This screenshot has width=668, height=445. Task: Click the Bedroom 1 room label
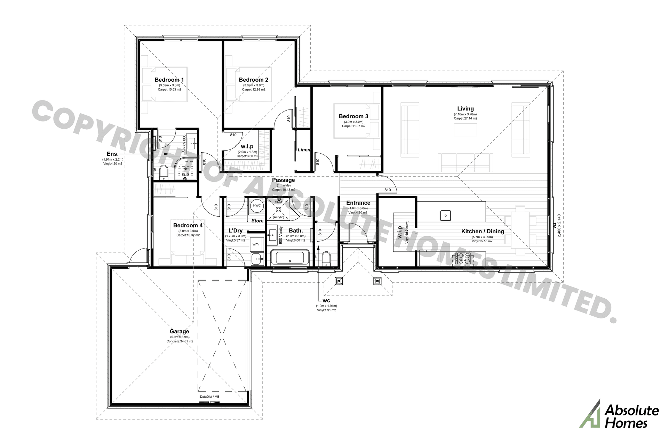tap(169, 80)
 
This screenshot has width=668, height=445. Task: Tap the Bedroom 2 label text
tap(253, 80)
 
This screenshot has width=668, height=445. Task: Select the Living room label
tap(465, 109)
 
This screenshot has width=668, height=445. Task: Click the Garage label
tap(179, 332)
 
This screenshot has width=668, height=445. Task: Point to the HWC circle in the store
tap(257, 205)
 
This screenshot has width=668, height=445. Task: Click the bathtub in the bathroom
tap(290, 258)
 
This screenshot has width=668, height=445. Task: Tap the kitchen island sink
tap(445, 216)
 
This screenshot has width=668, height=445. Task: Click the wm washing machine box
tap(256, 244)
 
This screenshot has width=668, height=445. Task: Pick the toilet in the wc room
tap(326, 259)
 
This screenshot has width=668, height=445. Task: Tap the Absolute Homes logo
tap(619, 414)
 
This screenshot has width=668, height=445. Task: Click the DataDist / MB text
tap(209, 397)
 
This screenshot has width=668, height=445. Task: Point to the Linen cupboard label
tap(304, 150)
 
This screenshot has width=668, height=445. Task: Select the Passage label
tap(283, 180)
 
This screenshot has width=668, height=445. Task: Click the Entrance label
tap(358, 203)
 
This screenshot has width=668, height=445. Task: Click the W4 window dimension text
tap(555, 226)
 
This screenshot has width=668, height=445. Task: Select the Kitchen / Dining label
tap(482, 232)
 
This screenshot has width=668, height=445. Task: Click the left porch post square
tap(339, 281)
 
